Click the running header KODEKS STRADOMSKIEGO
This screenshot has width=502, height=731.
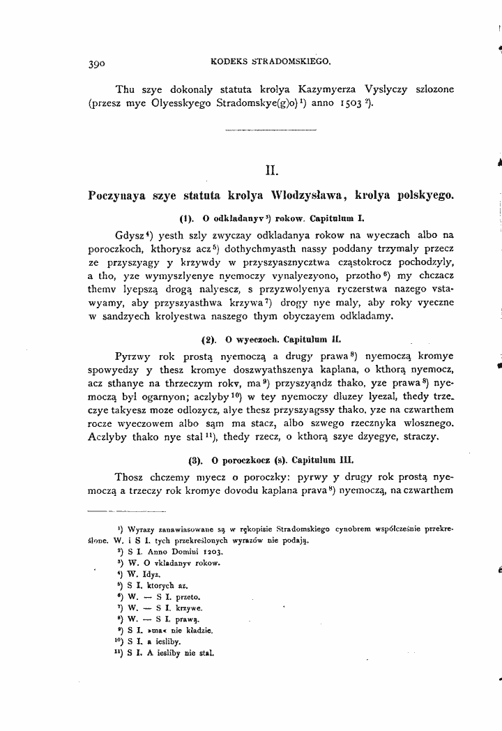[x=270, y=61]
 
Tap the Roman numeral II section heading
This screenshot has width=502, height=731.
[x=273, y=168]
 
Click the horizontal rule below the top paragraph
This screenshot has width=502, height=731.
[x=273, y=130]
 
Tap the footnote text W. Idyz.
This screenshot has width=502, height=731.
[x=140, y=573]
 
